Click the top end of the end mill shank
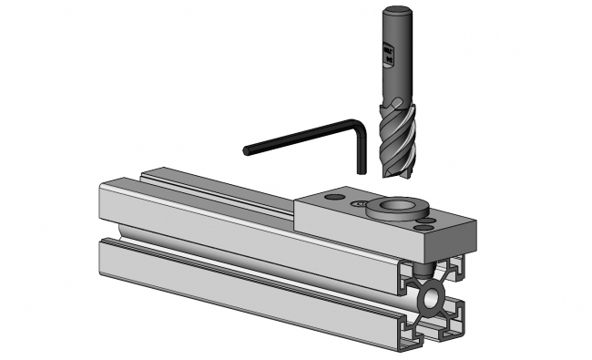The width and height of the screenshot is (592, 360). pos(393,10)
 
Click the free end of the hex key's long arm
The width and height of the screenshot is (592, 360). pos(248,149)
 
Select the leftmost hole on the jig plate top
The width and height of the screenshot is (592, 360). pos(334,196)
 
